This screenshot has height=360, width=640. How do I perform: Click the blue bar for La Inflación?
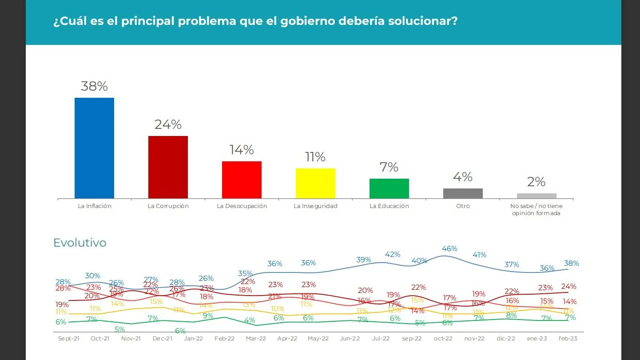coord(94,148)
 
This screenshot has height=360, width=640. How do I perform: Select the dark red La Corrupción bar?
coord(168,167)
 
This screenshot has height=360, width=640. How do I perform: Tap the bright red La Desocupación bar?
coord(242,180)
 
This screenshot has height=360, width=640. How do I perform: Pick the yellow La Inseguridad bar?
coord(315,183)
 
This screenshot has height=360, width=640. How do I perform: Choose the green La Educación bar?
coord(389,188)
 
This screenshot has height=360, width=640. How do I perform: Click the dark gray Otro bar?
coord(463,193)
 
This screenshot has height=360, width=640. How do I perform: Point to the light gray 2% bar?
coord(537,196)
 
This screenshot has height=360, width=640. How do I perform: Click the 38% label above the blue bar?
coord(94,86)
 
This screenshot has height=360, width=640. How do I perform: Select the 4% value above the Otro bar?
coord(463,177)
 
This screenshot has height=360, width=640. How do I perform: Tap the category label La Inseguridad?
coord(315,206)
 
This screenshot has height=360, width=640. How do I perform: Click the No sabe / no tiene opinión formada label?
coord(536,209)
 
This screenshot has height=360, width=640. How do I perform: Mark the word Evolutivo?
coord(80,243)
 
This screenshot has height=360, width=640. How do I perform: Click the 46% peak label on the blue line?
coord(449,249)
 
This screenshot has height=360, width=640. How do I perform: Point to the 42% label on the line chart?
coord(393,255)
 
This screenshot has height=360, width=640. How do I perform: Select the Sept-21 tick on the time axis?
coord(68,339)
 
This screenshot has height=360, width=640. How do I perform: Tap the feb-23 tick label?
coord(568,339)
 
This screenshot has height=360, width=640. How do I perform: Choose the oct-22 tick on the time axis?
coord(443,339)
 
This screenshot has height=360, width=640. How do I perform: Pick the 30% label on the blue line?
coord(93,276)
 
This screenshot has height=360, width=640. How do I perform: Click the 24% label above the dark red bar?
coord(168,124)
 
